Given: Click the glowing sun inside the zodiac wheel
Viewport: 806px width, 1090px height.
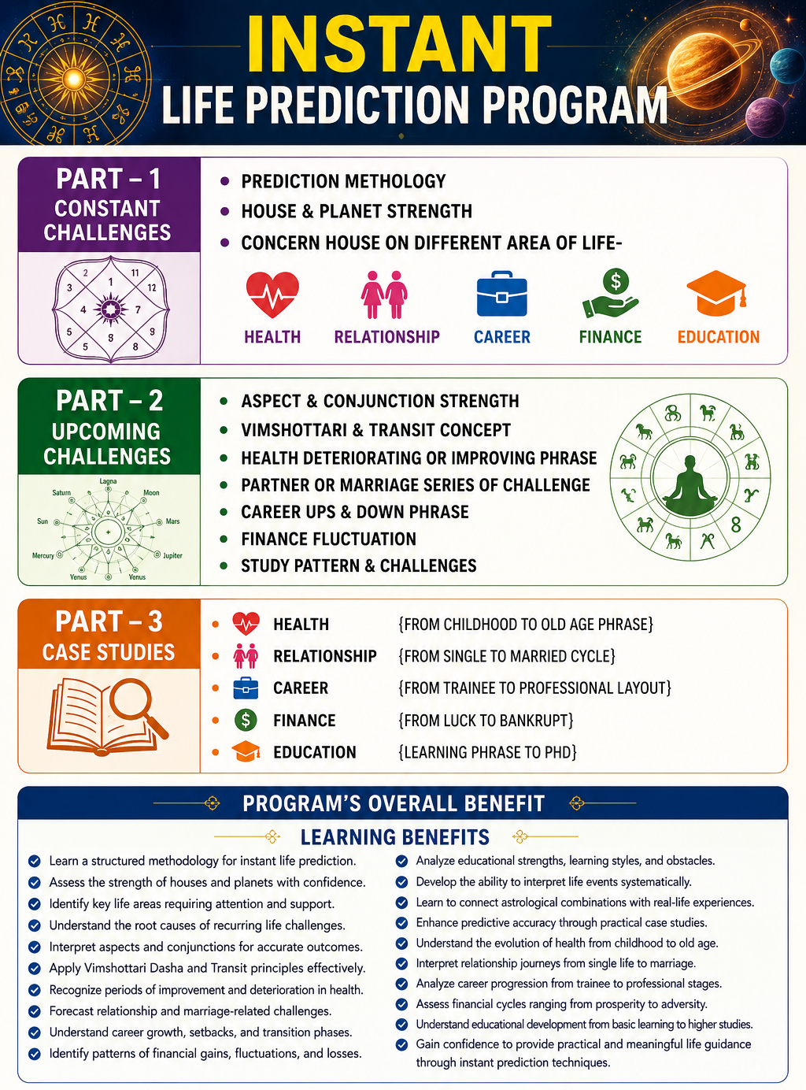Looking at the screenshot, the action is (x=75, y=79).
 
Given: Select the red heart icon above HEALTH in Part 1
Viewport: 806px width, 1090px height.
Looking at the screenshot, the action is (x=272, y=295).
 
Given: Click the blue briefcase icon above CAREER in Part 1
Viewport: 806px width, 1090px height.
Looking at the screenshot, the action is (x=501, y=294).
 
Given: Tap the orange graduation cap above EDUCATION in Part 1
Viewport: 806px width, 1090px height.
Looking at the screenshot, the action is (x=717, y=294).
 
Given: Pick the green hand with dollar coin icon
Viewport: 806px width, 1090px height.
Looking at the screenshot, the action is (x=611, y=294).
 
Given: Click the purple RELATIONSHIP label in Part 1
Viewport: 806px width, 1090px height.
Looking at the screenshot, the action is (x=387, y=336).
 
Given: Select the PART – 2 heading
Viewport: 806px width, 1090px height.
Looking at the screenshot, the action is (x=109, y=401).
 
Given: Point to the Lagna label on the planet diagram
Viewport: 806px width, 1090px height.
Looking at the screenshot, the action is (x=108, y=481).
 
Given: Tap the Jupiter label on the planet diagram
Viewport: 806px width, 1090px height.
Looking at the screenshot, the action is (x=172, y=555).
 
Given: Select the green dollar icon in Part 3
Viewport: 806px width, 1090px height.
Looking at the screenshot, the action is (x=246, y=721).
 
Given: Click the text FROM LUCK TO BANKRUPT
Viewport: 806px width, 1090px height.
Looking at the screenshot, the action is (x=486, y=721).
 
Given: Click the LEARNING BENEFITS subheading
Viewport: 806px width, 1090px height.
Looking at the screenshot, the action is (x=395, y=837).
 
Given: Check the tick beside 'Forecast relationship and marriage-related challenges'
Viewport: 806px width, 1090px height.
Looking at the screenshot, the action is (x=35, y=1011).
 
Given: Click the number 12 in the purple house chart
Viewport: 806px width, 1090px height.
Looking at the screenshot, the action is (x=152, y=287).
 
